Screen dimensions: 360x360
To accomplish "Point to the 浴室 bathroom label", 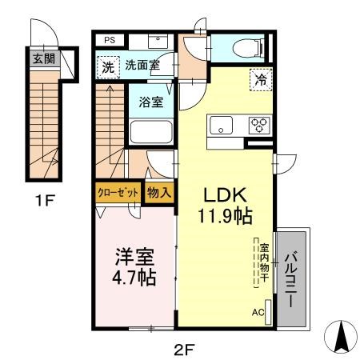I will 150,102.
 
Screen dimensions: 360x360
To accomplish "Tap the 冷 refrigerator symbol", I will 261,78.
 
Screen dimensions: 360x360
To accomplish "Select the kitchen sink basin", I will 220,125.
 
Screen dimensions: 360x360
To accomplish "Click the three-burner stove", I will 260,125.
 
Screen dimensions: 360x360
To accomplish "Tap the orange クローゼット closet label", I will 117,192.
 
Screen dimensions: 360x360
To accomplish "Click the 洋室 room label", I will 132,258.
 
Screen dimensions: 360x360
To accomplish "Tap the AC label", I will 258,312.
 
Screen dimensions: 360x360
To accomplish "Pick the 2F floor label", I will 183,348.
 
